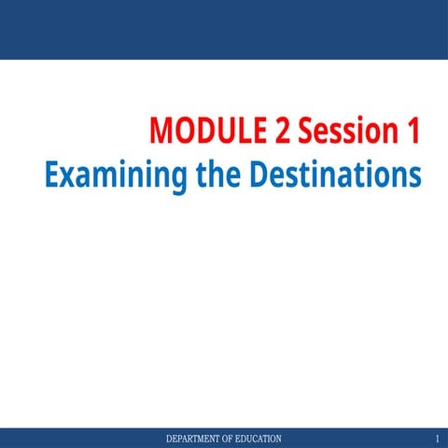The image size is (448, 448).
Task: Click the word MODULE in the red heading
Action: click(208, 131)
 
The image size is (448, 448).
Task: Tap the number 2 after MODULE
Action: click(284, 131)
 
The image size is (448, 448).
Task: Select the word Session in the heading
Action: click(348, 131)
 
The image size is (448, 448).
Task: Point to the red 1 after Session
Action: click(411, 131)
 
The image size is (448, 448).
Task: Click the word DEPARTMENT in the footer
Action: click(195, 439)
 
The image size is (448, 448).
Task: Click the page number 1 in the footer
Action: click(437, 439)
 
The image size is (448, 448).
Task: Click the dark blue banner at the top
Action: click(224, 28)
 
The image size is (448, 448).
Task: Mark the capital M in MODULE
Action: click(161, 131)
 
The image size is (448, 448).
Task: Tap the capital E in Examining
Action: click(51, 175)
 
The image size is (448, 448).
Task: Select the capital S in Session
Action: click(309, 131)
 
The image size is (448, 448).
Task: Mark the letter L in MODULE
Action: click(246, 131)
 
